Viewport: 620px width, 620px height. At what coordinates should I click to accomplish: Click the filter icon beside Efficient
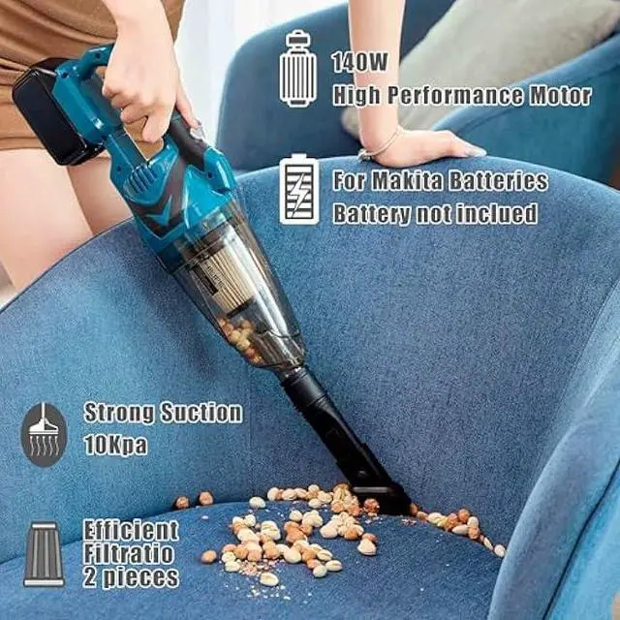click(44, 554)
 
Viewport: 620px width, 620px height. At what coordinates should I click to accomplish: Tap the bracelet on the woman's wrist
click(379, 148)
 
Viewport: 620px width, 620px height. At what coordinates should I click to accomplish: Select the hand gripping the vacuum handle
click(145, 82)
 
